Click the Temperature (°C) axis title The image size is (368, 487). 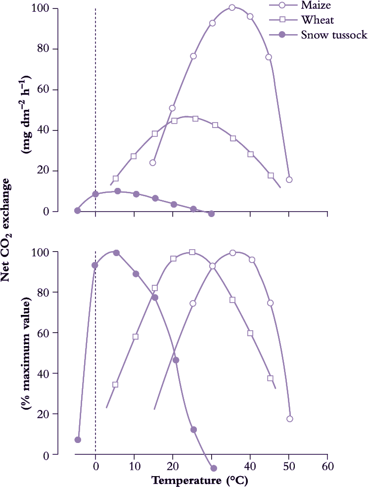(199, 480)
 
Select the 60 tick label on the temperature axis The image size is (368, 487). (327, 467)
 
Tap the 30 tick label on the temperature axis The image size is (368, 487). (212, 467)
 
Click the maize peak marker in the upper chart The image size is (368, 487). (232, 8)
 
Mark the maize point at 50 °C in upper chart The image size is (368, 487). (289, 179)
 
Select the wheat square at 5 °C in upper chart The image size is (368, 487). (116, 178)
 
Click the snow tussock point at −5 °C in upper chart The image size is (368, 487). (77, 211)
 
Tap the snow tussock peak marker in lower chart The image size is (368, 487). (116, 253)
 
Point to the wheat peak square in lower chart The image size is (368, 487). (192, 252)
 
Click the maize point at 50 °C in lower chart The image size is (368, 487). (290, 419)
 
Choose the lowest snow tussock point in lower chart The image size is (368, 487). (214, 468)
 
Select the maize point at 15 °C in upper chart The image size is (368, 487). (153, 163)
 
